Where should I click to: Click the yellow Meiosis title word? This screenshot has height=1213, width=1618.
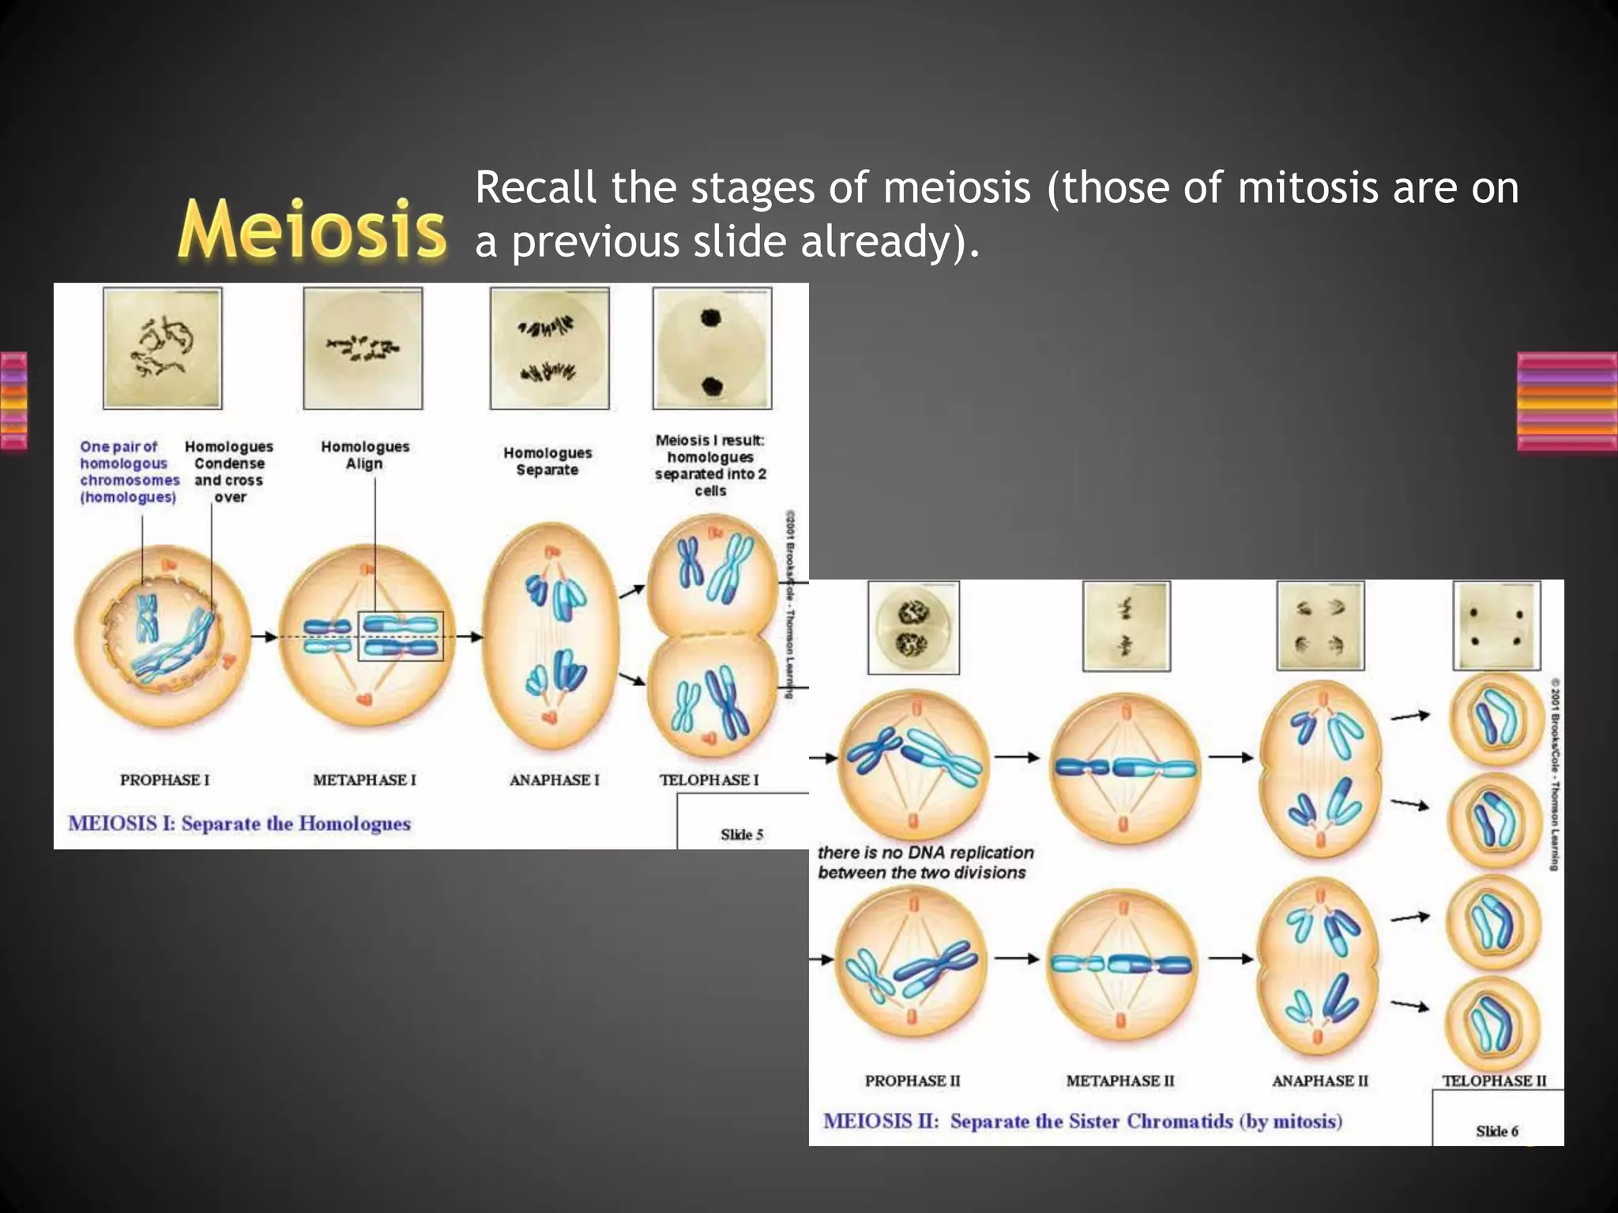pos(311,229)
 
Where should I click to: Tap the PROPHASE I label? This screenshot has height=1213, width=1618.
pos(164,780)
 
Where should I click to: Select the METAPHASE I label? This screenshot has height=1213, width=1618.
pos(364,780)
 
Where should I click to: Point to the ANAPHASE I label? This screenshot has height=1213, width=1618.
pos(554,780)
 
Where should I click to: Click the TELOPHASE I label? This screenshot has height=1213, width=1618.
pos(709,780)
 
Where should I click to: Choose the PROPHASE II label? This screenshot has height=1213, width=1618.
pos(912,1080)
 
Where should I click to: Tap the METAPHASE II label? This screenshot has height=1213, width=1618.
pos(1120,1080)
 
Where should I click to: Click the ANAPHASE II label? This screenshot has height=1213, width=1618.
pos(1319,1080)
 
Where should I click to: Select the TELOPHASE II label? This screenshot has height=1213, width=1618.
pos(1494,1080)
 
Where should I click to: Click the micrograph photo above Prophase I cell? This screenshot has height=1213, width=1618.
pos(163,348)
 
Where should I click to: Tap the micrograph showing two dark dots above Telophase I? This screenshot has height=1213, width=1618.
pos(712,348)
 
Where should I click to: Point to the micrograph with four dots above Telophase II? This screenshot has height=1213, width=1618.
pos(1496,625)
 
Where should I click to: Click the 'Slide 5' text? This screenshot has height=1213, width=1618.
pos(741,835)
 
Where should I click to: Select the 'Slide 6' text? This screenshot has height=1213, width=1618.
pos(1496,1132)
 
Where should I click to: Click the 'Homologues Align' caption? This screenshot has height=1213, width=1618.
pos(365,455)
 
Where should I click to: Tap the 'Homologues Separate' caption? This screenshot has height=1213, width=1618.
pos(547,461)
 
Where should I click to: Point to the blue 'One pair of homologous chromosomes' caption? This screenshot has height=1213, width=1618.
pos(128,471)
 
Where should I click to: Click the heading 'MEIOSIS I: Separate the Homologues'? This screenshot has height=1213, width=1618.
pos(239,824)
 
